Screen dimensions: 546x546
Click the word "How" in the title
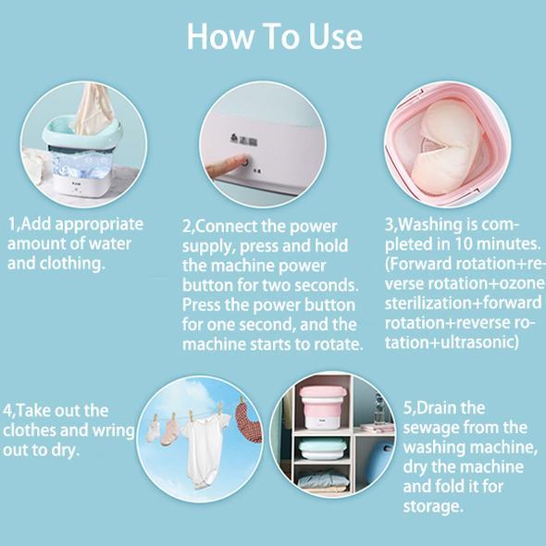[219, 37]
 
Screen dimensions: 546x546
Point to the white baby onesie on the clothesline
[205, 449]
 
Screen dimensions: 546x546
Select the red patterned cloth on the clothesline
[248, 422]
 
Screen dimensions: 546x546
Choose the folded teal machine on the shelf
[322, 449]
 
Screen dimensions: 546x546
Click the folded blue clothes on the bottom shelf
[322, 479]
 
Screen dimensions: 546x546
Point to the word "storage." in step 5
[433, 506]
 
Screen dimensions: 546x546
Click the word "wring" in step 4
[113, 430]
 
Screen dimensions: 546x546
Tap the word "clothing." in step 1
[72, 263]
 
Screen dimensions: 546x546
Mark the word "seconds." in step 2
[327, 285]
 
